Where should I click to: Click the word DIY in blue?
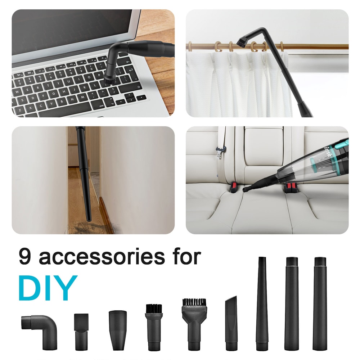[x=48, y=288]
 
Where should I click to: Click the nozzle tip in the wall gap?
[x=88, y=216]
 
